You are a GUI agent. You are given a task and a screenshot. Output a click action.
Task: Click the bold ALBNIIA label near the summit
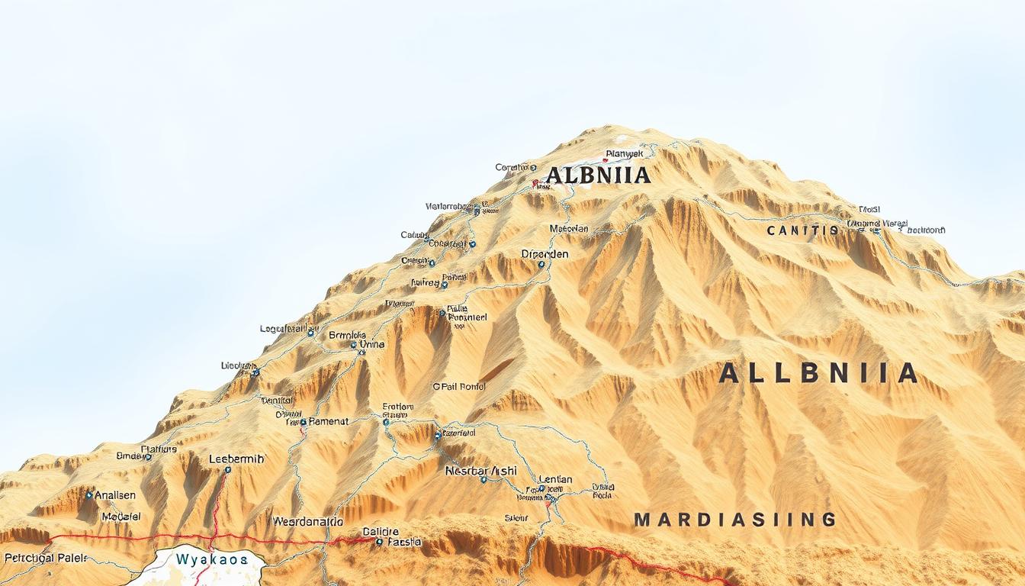coord(599,175)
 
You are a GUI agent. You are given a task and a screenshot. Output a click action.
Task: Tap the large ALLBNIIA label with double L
coord(818,373)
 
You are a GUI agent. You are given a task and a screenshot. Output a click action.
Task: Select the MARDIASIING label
coord(735,520)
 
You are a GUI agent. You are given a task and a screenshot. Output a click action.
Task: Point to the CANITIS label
coord(803,230)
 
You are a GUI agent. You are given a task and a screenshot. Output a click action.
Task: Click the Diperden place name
coord(545,253)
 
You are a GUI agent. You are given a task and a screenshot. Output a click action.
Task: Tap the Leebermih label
coord(236,459)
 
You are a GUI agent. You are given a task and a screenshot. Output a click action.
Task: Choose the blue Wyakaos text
coord(211,559)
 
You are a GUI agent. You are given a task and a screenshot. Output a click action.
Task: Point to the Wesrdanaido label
coord(307,522)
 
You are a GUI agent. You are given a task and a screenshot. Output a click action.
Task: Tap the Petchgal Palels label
coord(44,557)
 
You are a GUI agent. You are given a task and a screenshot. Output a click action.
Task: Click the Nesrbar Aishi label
coord(480,471)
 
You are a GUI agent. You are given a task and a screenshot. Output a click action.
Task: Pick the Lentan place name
coord(555,479)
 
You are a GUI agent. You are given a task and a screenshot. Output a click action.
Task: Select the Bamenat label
coord(329,421)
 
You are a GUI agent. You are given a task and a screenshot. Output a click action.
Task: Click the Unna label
coord(371,345)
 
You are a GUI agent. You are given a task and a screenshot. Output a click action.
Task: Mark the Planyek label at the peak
coord(624,154)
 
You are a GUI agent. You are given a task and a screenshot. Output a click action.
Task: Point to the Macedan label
coord(568,228)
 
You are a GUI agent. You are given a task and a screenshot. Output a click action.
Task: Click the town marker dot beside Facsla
coord(379,542)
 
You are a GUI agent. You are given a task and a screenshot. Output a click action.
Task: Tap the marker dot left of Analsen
coord(89,495)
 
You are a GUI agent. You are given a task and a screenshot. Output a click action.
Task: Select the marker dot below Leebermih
coord(227,471)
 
